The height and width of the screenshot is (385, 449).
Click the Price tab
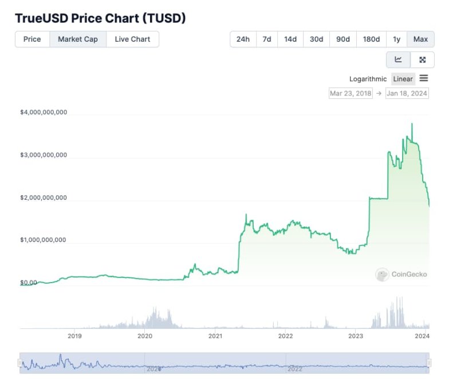(32, 39)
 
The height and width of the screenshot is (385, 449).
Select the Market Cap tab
(78, 39)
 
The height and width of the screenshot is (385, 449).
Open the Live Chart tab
(132, 39)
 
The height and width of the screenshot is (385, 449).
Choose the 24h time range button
(243, 39)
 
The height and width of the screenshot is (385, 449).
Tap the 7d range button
(267, 39)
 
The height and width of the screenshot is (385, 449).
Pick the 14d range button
(290, 39)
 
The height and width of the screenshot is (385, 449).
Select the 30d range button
(316, 39)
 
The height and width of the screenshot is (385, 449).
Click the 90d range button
(343, 39)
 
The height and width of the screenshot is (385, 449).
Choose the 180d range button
(371, 39)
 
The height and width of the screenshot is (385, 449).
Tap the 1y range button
(396, 39)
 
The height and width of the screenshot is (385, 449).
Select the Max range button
(420, 39)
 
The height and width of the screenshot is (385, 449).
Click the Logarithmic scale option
(368, 79)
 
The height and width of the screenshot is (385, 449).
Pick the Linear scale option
(403, 79)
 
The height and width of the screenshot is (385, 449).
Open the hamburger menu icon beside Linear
(424, 78)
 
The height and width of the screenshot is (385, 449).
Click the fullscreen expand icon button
(423, 59)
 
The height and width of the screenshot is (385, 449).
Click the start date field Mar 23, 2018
(350, 93)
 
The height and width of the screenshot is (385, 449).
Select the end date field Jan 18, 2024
(407, 93)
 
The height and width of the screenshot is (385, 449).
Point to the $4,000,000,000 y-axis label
(44, 113)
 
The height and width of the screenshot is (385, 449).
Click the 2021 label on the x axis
(215, 336)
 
